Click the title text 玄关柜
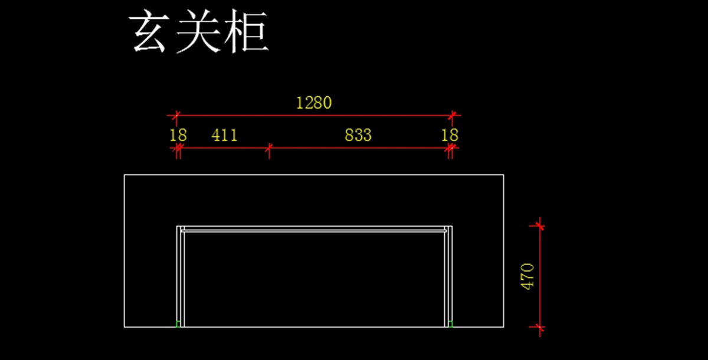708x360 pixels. pyautogui.click(x=199, y=32)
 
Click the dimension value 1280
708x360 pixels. pyautogui.click(x=314, y=103)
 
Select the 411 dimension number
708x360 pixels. pyautogui.click(x=224, y=135)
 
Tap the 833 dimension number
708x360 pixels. pyautogui.click(x=358, y=135)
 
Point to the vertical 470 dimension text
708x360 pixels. pyautogui.click(x=527, y=276)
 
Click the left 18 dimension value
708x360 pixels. pyautogui.click(x=178, y=135)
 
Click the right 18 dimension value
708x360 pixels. pyautogui.click(x=450, y=135)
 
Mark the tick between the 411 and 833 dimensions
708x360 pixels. pyautogui.click(x=269, y=148)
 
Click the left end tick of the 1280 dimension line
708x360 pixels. pyautogui.click(x=176, y=115)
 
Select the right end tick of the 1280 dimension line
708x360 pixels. pyautogui.click(x=453, y=115)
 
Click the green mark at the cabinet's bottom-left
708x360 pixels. pyautogui.click(x=178, y=323)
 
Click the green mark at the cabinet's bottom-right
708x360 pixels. pyautogui.click(x=451, y=323)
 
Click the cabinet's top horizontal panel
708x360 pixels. pyautogui.click(x=313, y=229)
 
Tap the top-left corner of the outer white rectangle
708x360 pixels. pyautogui.click(x=124, y=175)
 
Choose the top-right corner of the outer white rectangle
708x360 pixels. pyautogui.click(x=503, y=175)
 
